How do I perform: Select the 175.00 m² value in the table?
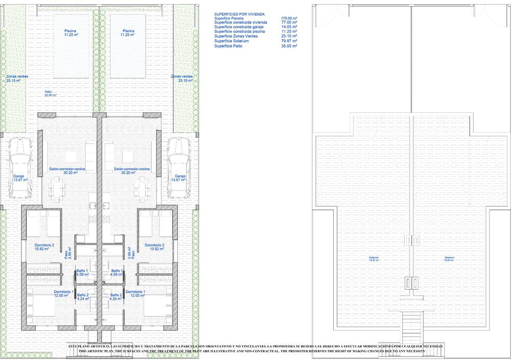point(289,19)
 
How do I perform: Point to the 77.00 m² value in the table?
point(289,23)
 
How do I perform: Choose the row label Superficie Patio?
point(228,45)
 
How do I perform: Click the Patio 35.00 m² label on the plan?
point(50,93)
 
